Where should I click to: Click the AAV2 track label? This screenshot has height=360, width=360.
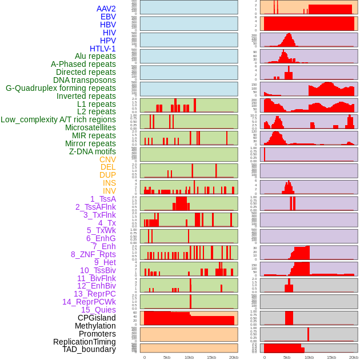coord(106,9)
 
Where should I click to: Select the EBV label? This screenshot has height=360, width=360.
coord(108,17)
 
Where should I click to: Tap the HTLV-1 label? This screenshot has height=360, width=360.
coord(102,49)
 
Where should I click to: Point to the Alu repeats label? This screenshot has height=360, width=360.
coord(95,56)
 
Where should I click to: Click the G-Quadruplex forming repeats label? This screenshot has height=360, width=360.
coord(61,88)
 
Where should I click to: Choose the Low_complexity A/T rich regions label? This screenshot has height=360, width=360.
coord(58,119)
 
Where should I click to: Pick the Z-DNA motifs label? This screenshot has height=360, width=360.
coord(92,151)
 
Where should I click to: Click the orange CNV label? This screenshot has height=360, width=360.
coord(107,159)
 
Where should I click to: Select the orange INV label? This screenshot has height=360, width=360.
coord(109,191)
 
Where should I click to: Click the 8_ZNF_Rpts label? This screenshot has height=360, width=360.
coord(93,254)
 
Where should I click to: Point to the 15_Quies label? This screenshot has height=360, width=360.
coord(98,310)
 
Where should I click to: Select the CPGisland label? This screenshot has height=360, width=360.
coord(97,318)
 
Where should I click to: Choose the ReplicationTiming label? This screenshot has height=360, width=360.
coord(84,342)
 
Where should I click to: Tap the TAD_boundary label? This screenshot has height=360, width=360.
coord(89,349)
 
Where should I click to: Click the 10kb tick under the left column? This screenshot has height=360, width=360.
coord(189,357)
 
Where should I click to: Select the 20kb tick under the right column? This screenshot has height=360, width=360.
coord(353,357)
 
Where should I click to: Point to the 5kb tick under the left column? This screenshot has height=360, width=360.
coord(166,357)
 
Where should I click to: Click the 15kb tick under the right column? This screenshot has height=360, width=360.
coord(331,357)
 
